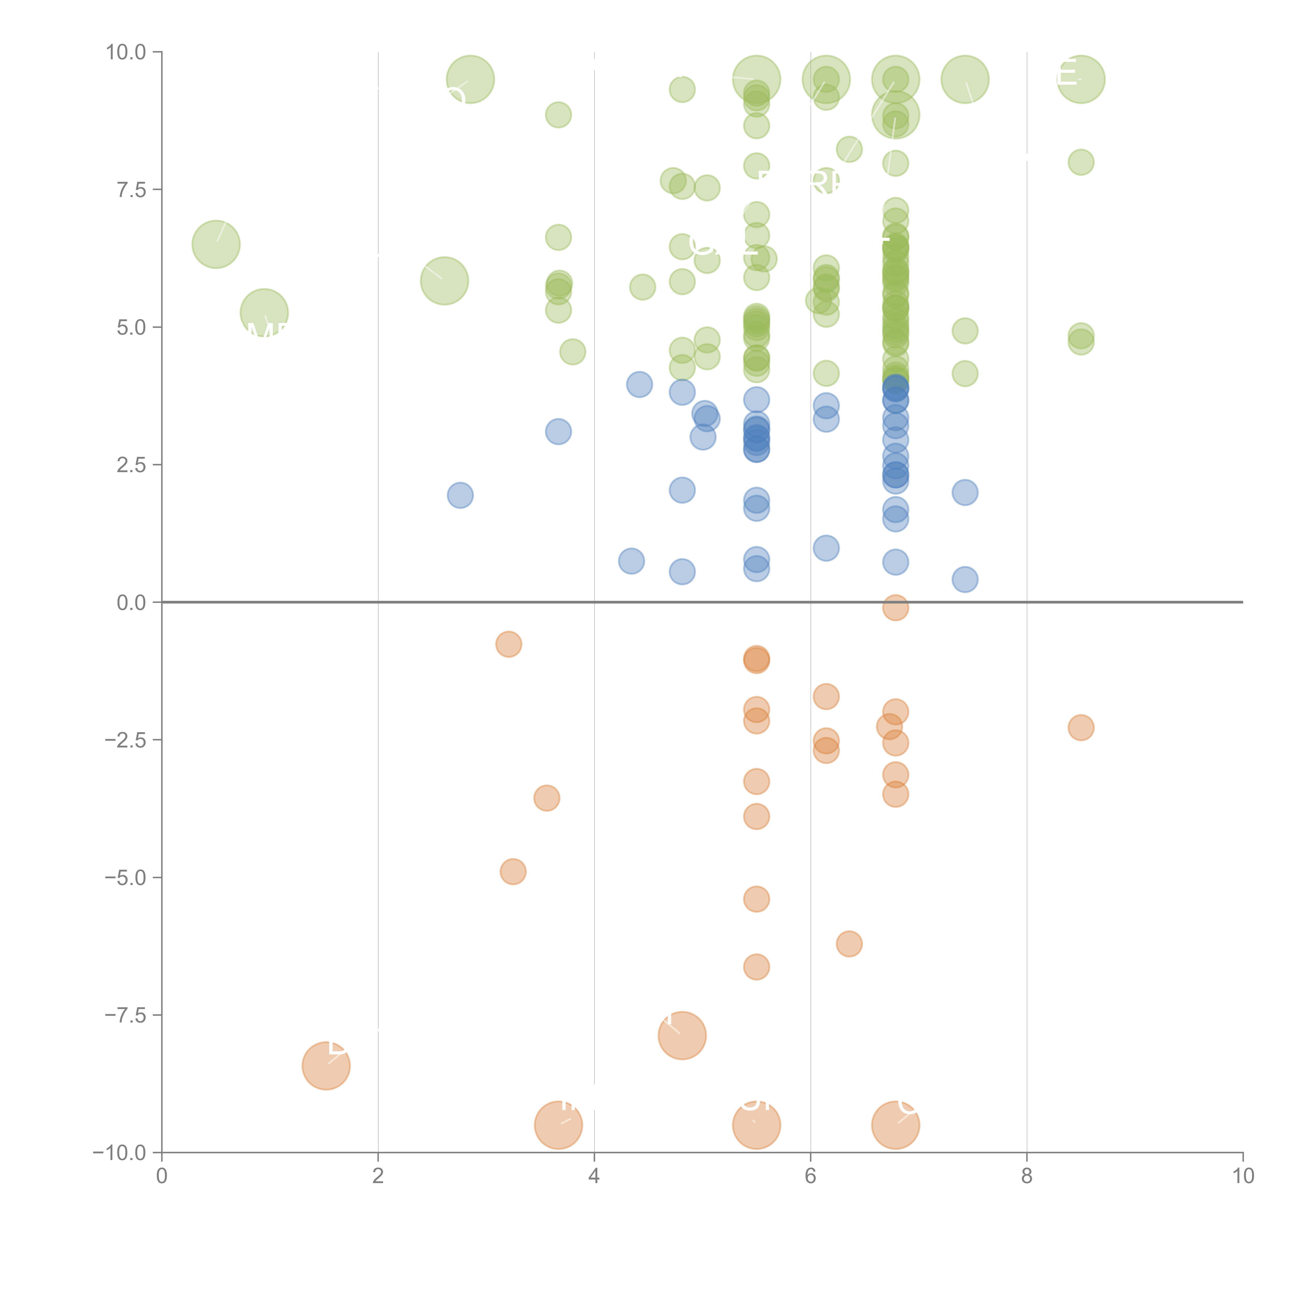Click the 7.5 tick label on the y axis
(x=131, y=190)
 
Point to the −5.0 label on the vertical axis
(x=126, y=877)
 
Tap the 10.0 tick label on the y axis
(x=126, y=52)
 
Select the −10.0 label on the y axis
(x=119, y=1153)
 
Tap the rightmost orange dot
(x=1081, y=727)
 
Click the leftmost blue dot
(x=460, y=495)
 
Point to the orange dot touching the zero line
(x=896, y=608)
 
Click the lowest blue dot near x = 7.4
(x=965, y=579)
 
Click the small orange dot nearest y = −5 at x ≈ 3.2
(x=513, y=872)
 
